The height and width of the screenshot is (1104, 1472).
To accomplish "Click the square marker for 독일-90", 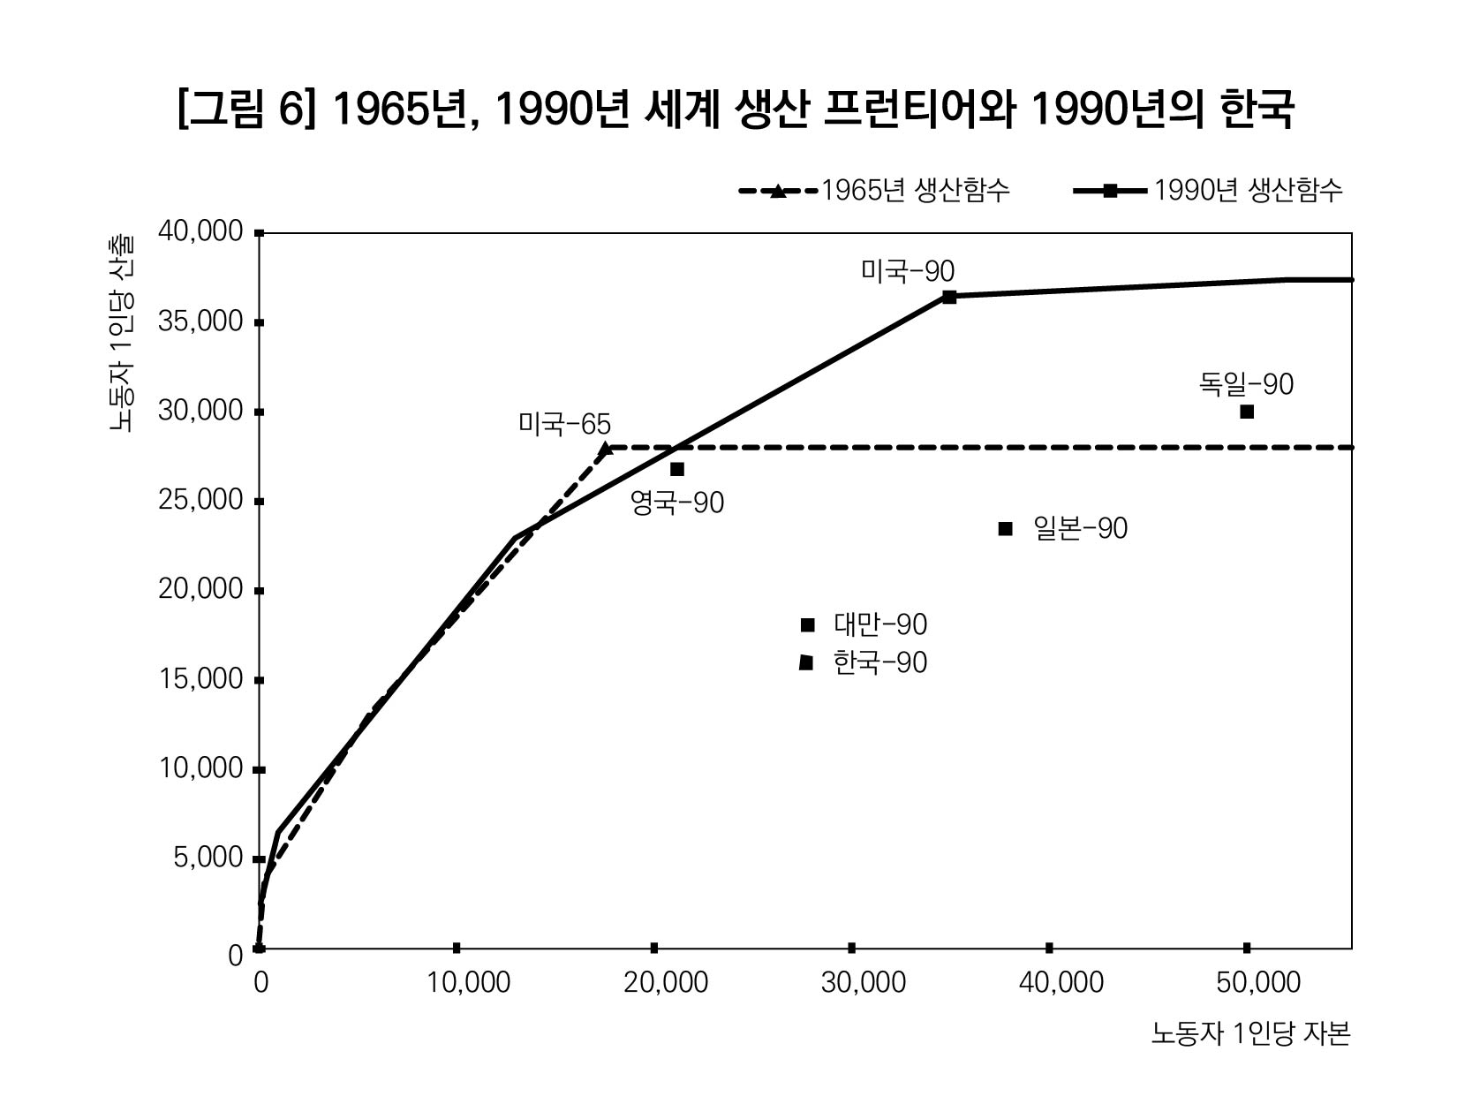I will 1247,412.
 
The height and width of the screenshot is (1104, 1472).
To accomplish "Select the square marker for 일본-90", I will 1005,529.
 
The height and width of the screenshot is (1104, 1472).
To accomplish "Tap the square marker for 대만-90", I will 807,625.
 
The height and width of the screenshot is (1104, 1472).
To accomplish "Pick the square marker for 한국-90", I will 806,662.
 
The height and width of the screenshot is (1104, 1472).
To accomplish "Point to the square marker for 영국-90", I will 677,469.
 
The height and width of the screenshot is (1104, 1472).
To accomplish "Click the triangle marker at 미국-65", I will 605,449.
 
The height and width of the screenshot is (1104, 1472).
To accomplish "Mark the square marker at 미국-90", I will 949,297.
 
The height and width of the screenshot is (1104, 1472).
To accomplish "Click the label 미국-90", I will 908,271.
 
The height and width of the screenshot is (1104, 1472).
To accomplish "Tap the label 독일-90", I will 1246,384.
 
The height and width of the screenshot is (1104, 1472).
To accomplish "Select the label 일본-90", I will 1080,529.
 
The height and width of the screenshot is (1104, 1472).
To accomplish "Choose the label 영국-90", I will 676,503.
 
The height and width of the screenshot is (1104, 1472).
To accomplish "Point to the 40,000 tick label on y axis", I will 200,232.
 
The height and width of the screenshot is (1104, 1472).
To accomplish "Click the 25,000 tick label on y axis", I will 200,501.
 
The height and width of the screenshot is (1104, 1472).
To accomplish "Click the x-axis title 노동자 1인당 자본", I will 1250,1033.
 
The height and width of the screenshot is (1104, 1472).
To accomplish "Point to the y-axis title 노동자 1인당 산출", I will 122,334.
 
